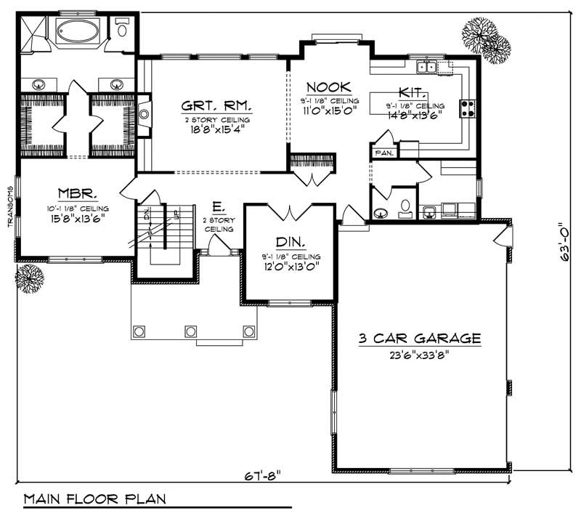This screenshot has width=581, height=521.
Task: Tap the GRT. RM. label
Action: pyautogui.click(x=216, y=107)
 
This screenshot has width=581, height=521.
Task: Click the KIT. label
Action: pyautogui.click(x=413, y=92)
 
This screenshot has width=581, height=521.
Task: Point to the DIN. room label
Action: pyautogui.click(x=290, y=242)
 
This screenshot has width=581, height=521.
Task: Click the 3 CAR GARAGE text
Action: pyautogui.click(x=419, y=338)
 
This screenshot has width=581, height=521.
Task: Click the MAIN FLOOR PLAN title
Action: pyautogui.click(x=94, y=499)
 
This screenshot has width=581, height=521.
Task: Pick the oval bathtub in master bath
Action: pyautogui.click(x=80, y=32)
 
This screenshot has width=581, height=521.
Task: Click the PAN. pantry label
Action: pyautogui.click(x=383, y=153)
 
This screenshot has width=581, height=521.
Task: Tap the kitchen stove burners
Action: pyautogui.click(x=467, y=109)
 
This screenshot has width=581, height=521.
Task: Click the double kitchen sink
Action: pyautogui.click(x=426, y=68)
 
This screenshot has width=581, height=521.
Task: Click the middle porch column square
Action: pyautogui.click(x=191, y=331)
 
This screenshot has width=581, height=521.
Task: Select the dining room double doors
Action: pyautogui.click(x=290, y=214)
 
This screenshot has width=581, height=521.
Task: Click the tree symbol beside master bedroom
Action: pyautogui.click(x=30, y=278)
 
